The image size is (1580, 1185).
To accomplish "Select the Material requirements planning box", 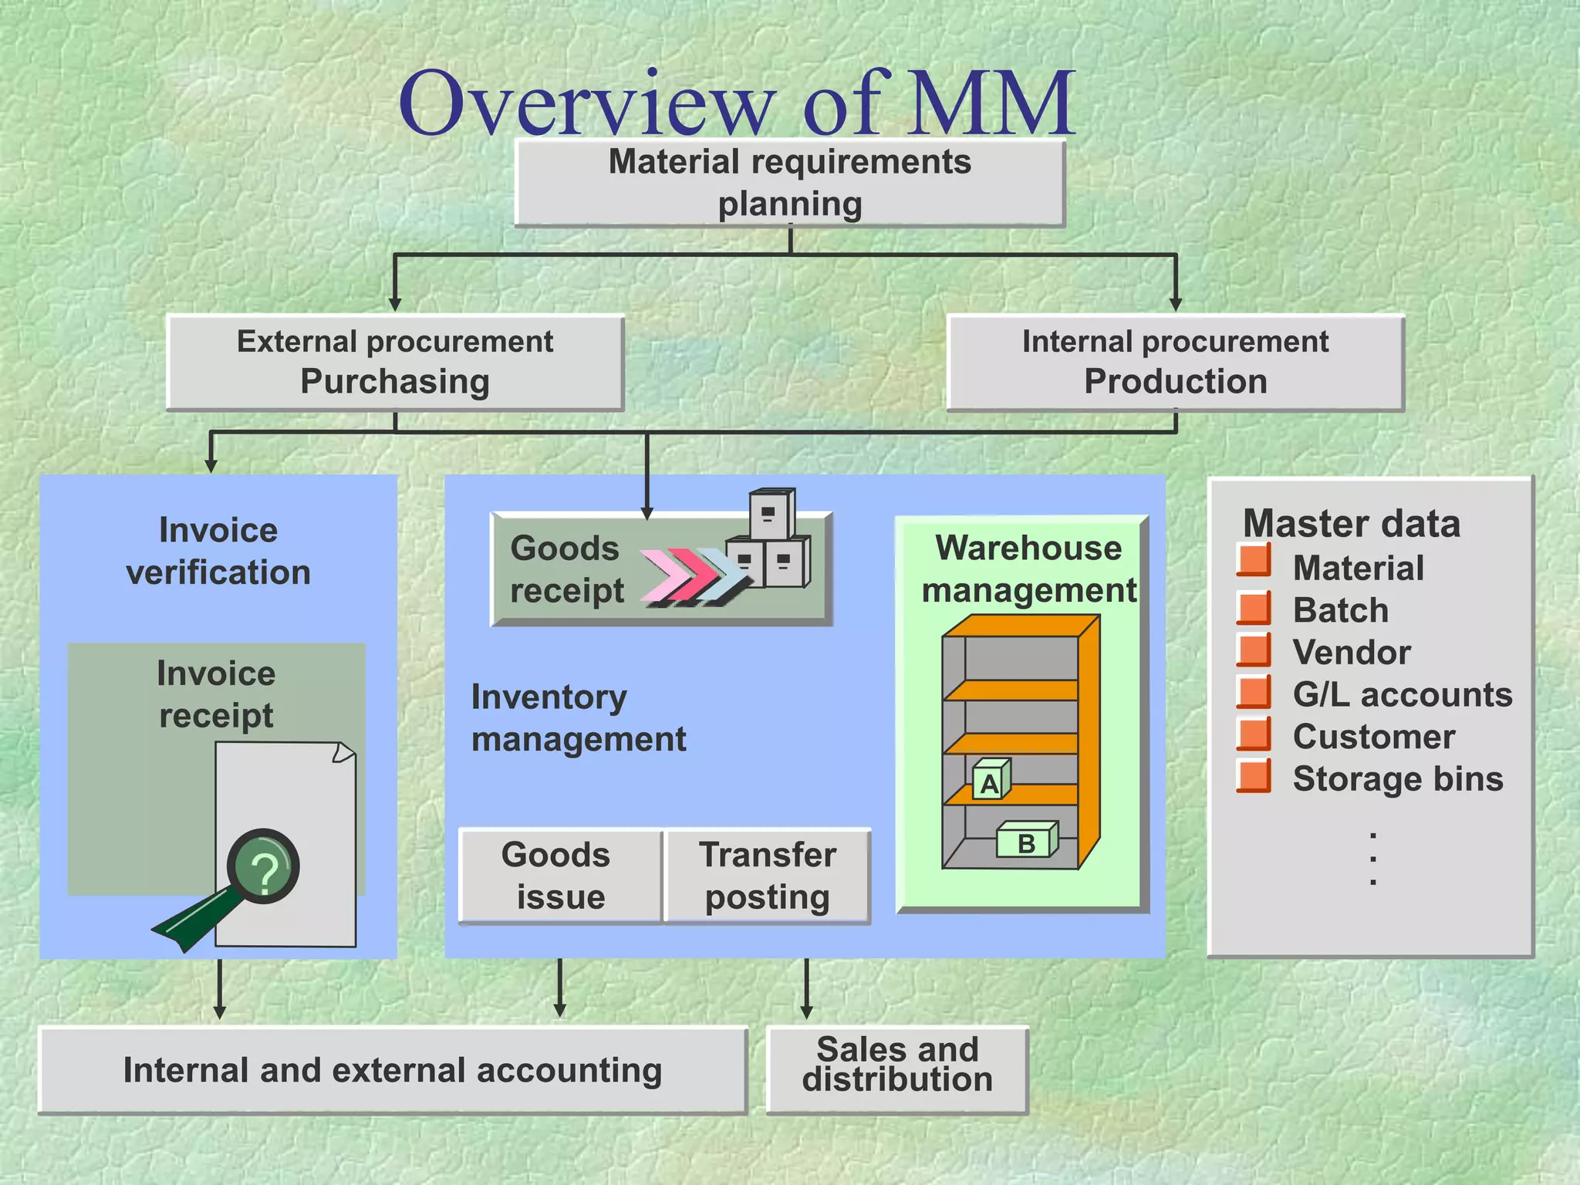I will [x=789, y=183].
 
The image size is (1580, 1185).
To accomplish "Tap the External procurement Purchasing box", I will [x=395, y=362].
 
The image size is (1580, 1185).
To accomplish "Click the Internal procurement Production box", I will [x=1175, y=362].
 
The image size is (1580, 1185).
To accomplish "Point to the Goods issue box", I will [x=560, y=876].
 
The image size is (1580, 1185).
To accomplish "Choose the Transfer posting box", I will [x=767, y=876].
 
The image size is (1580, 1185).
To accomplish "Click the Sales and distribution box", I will [x=897, y=1069].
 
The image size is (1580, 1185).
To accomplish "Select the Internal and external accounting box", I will [x=393, y=1070].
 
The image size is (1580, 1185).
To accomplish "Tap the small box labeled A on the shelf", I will [x=990, y=782].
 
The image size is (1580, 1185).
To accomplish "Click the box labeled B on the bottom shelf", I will [x=1026, y=842].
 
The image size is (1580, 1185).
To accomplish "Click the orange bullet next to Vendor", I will [x=1254, y=650].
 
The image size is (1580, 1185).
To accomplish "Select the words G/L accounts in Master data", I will [x=1402, y=694].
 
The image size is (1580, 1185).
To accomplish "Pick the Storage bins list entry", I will [x=1397, y=778].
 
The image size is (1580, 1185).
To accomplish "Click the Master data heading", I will [x=1352, y=523].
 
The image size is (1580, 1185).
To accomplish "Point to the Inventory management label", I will [x=577, y=718].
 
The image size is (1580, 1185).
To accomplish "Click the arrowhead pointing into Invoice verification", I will [x=211, y=465].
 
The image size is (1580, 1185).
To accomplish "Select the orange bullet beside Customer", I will [x=1254, y=734].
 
